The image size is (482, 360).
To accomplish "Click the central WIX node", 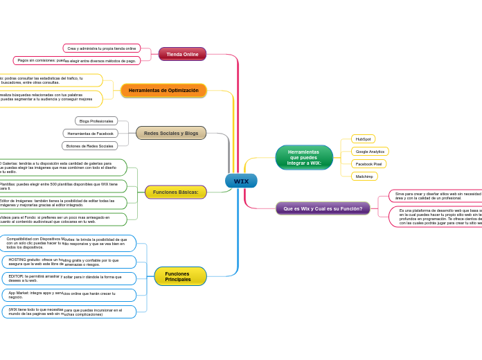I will [x=241, y=181].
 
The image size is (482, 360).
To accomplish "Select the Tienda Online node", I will [x=182, y=54].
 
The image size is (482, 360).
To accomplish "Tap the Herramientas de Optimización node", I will [x=163, y=91].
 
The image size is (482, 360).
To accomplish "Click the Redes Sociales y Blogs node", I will [x=171, y=133].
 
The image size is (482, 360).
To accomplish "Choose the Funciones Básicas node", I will [x=175, y=192].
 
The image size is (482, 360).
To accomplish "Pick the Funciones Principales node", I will [x=180, y=276].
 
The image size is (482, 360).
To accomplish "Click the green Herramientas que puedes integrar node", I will [x=304, y=157].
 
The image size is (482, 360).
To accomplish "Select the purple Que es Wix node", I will [x=323, y=208].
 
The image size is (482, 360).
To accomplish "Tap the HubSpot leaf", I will [x=363, y=139].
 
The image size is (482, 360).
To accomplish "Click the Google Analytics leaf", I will [x=370, y=151].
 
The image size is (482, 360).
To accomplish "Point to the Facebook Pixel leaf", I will [x=368, y=164].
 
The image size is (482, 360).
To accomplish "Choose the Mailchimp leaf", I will [x=364, y=177].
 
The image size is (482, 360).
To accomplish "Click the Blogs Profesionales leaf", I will [x=96, y=121].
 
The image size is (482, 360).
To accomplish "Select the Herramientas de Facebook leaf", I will [x=91, y=133].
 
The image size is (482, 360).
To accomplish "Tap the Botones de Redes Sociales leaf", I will [x=89, y=145].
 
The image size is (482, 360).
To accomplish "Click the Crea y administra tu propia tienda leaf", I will [x=102, y=48].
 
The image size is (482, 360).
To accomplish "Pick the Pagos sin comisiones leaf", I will [x=77, y=60].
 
